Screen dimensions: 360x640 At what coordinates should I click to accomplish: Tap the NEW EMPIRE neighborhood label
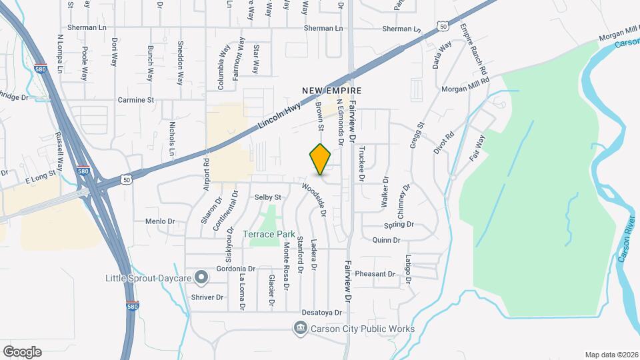pos(331,91)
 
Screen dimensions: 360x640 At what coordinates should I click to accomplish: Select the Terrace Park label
pos(268,235)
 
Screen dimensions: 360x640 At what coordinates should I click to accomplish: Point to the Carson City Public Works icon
pos(301,328)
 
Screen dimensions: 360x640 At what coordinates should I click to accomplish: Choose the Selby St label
pos(268,198)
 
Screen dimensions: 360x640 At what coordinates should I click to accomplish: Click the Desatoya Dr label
pos(322,312)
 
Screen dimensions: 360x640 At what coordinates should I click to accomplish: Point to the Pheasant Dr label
pos(375,274)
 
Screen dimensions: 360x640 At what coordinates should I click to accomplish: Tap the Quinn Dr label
pos(386,240)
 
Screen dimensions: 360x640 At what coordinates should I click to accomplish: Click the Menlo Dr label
pos(159,221)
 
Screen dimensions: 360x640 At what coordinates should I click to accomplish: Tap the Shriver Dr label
pos(207,297)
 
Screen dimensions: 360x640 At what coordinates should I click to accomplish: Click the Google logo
pos(22,352)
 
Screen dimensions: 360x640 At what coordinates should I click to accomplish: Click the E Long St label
pos(41,181)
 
